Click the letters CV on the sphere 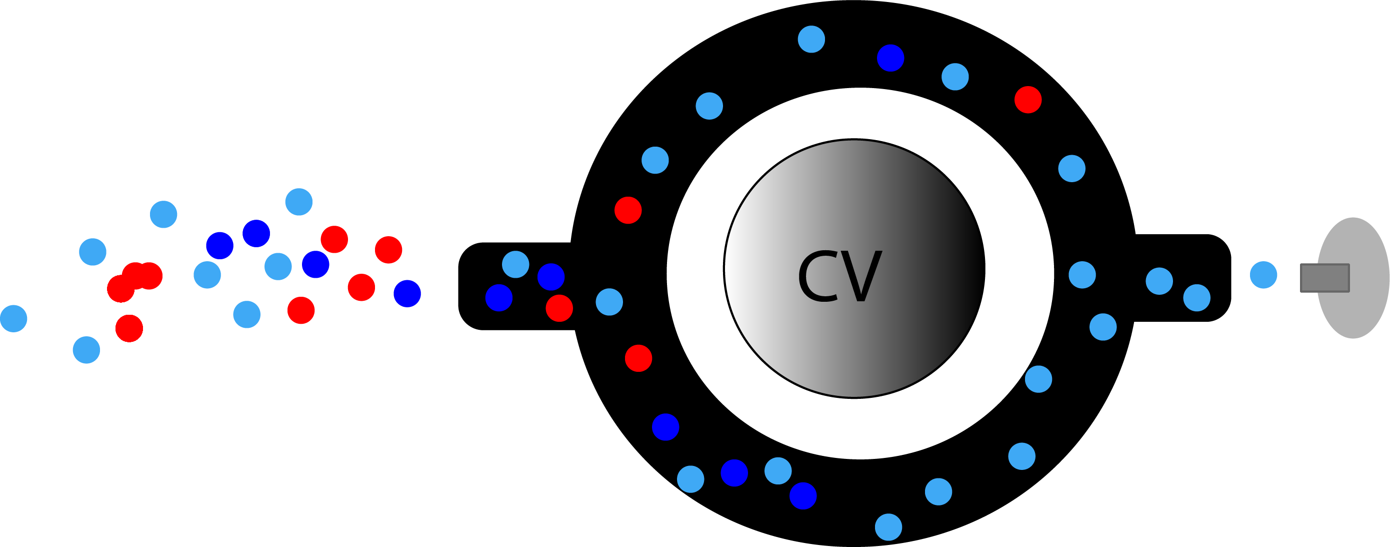coord(839,276)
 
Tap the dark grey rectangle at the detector coord(1324,278)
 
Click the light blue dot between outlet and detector coord(1263,275)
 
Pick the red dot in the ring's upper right coord(1028,100)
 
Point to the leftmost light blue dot coord(13,319)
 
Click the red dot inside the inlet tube coord(559,308)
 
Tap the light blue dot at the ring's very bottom coord(888,527)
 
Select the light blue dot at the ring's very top coord(811,40)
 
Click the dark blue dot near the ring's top coord(890,58)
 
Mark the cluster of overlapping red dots coord(135,279)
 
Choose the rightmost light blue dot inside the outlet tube coord(1197,298)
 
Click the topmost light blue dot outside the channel coord(298,202)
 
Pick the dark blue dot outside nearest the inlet coord(407,293)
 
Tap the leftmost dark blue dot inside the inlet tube coord(498,298)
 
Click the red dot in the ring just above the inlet coord(628,210)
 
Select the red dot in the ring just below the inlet coord(638,358)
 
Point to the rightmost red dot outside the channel coord(388,250)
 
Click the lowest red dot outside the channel coord(129,328)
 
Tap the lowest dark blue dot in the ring coord(803,495)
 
